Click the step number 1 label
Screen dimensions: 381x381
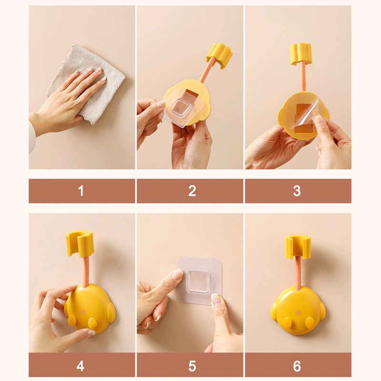81,191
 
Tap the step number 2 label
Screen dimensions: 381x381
192,191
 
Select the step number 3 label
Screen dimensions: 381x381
297,191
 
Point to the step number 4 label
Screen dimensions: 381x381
80,366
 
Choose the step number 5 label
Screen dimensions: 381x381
192,366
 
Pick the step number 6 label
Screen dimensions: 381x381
297,366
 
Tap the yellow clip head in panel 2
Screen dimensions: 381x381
220,55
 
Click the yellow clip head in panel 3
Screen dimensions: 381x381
300,54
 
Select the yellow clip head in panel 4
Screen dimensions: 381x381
80,243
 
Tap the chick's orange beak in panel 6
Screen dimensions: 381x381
297,312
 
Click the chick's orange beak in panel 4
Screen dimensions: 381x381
83,311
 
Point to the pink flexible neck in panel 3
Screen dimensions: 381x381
302,76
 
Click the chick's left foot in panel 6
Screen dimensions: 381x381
287,323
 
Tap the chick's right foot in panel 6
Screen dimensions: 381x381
309,323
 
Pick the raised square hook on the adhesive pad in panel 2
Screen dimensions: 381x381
180,107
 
